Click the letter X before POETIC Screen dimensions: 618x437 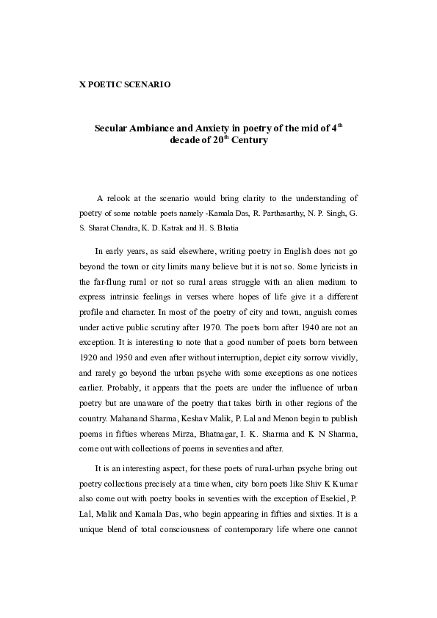coord(82,84)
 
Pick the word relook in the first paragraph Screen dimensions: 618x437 coord(121,198)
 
